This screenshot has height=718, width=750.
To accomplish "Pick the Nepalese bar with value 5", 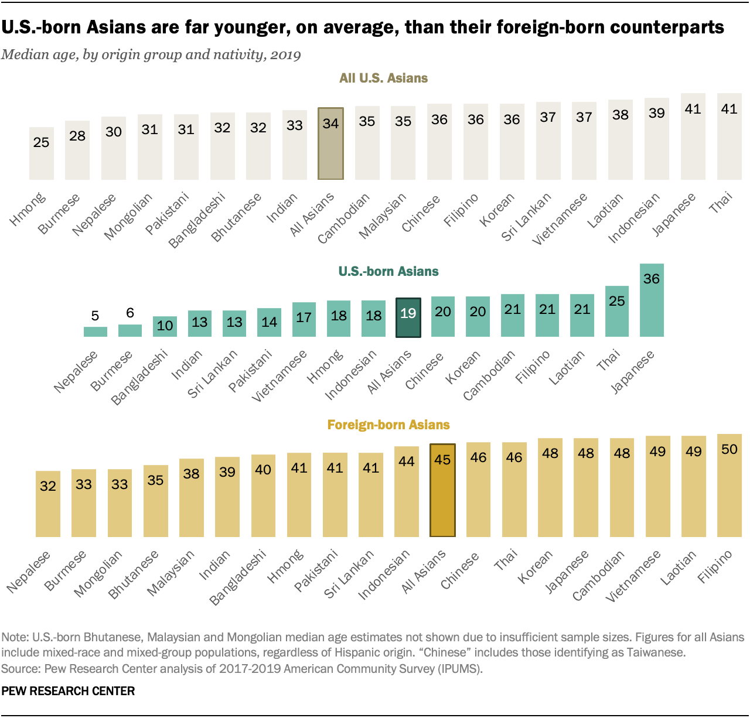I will coord(96,331).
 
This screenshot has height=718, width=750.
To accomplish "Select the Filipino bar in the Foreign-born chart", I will coord(729,485).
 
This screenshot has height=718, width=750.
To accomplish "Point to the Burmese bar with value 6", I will coord(130,330).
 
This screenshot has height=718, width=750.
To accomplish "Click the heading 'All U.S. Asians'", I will coord(383,78).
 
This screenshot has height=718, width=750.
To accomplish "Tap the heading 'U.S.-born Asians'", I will coord(388,271).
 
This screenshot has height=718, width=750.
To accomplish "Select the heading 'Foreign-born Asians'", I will coord(388,425).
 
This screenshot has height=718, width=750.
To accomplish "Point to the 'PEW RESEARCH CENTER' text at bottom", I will coord(68,691).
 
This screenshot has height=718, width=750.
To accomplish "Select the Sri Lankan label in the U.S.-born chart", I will coord(213,374).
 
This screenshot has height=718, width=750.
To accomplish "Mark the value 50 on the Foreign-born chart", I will coord(729,449).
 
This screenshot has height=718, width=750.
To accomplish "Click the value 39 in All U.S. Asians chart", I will coord(657,112).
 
